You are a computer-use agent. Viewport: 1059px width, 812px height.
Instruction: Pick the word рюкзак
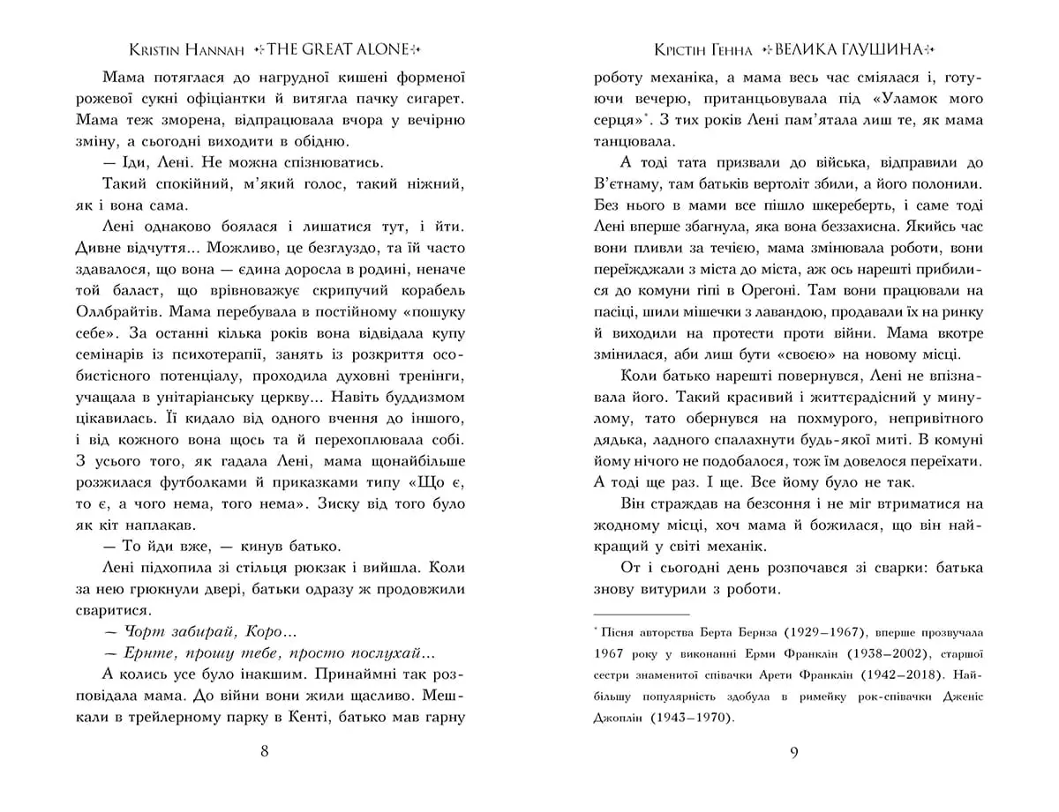point(313,567)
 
